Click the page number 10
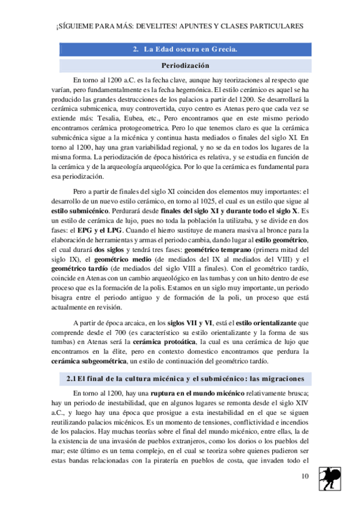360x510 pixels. pos(305,476)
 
